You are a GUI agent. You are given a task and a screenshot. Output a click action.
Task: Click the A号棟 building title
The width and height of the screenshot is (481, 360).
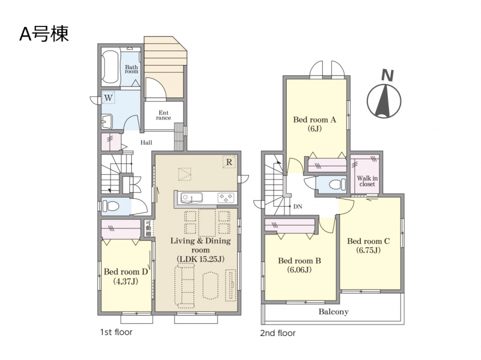pos(44,34)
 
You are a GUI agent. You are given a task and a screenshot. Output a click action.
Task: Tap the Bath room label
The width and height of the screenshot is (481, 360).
pos(131,69)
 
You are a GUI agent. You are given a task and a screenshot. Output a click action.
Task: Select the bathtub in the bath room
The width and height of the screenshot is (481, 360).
pos(110,67)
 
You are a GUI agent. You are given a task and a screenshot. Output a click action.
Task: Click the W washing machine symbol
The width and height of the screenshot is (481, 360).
pos(108,98)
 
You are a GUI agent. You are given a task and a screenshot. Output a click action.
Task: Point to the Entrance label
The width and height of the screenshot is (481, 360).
pos(164,115)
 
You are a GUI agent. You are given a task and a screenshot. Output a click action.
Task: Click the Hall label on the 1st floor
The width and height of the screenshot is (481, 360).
pos(146,142)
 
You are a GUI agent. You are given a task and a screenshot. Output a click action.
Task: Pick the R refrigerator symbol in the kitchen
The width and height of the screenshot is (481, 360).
pos(229,162)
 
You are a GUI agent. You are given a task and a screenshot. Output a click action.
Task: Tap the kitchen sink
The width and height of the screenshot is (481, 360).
pos(191,198)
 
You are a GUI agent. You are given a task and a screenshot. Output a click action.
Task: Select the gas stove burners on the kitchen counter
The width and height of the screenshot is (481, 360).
pos(227,198)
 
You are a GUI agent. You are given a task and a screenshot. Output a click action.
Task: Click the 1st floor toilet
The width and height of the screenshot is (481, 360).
pos(111,206)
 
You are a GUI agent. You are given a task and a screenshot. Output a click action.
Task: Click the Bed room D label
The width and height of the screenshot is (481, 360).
pos(126,272)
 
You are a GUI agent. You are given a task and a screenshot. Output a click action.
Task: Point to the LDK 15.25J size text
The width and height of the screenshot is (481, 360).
pos(201,259)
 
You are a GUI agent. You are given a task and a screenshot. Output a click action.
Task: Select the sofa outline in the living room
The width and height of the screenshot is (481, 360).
pos(185,287)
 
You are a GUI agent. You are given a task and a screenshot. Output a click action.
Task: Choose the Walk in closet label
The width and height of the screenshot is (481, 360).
pos(367,181)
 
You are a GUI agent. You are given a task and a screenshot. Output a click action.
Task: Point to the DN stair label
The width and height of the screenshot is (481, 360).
pos(298,207)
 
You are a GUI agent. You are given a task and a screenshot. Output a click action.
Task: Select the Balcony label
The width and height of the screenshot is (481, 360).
pos(334,312)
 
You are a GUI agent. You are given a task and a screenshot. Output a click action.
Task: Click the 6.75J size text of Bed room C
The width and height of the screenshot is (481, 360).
pos(369,250)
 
